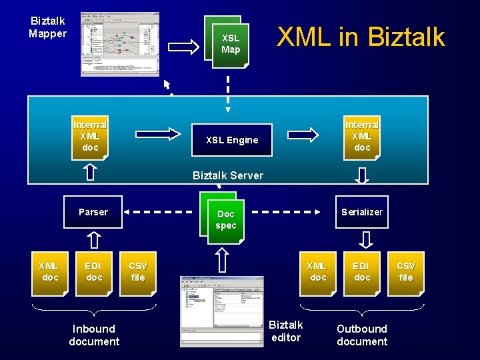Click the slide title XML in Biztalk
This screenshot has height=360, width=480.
click(361, 37)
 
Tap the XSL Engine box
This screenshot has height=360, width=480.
click(231, 140)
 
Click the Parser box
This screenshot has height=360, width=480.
click(93, 212)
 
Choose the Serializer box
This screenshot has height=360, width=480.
click(362, 212)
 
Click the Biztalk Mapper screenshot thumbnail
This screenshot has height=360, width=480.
click(120, 44)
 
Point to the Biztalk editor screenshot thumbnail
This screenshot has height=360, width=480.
click(222, 310)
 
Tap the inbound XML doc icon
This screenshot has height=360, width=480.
click(51, 272)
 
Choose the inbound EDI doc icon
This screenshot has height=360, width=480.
click(94, 272)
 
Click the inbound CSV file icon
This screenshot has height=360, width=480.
click(138, 272)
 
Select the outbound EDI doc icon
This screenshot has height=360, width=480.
click(362, 272)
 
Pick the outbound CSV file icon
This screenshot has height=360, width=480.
click(406, 272)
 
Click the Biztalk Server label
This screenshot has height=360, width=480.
click(227, 175)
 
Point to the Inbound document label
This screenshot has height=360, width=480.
click(94, 335)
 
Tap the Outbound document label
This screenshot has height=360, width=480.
click(362, 335)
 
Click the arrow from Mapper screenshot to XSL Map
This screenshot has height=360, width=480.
click(183, 46)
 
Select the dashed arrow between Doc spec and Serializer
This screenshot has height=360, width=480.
click(287, 212)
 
